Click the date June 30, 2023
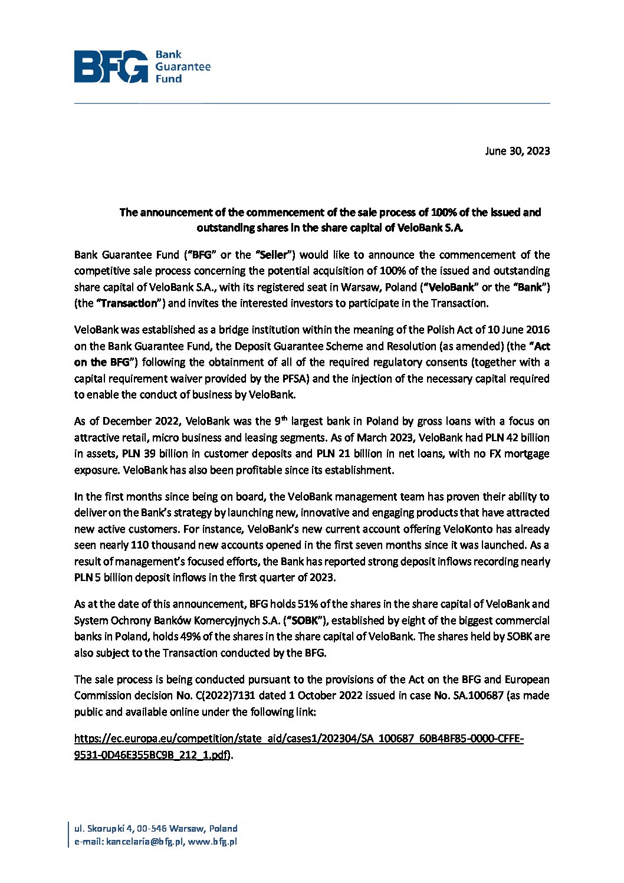[517, 151]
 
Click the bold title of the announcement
[330, 220]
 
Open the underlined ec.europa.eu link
[298, 739]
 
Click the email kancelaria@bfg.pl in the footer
[145, 842]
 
